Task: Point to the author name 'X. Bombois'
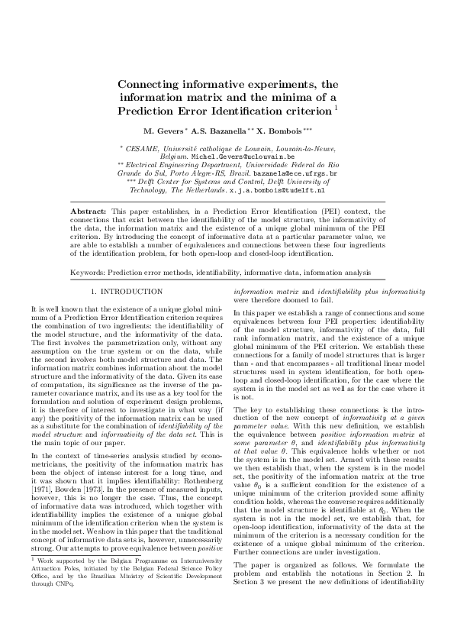coord(279,131)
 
